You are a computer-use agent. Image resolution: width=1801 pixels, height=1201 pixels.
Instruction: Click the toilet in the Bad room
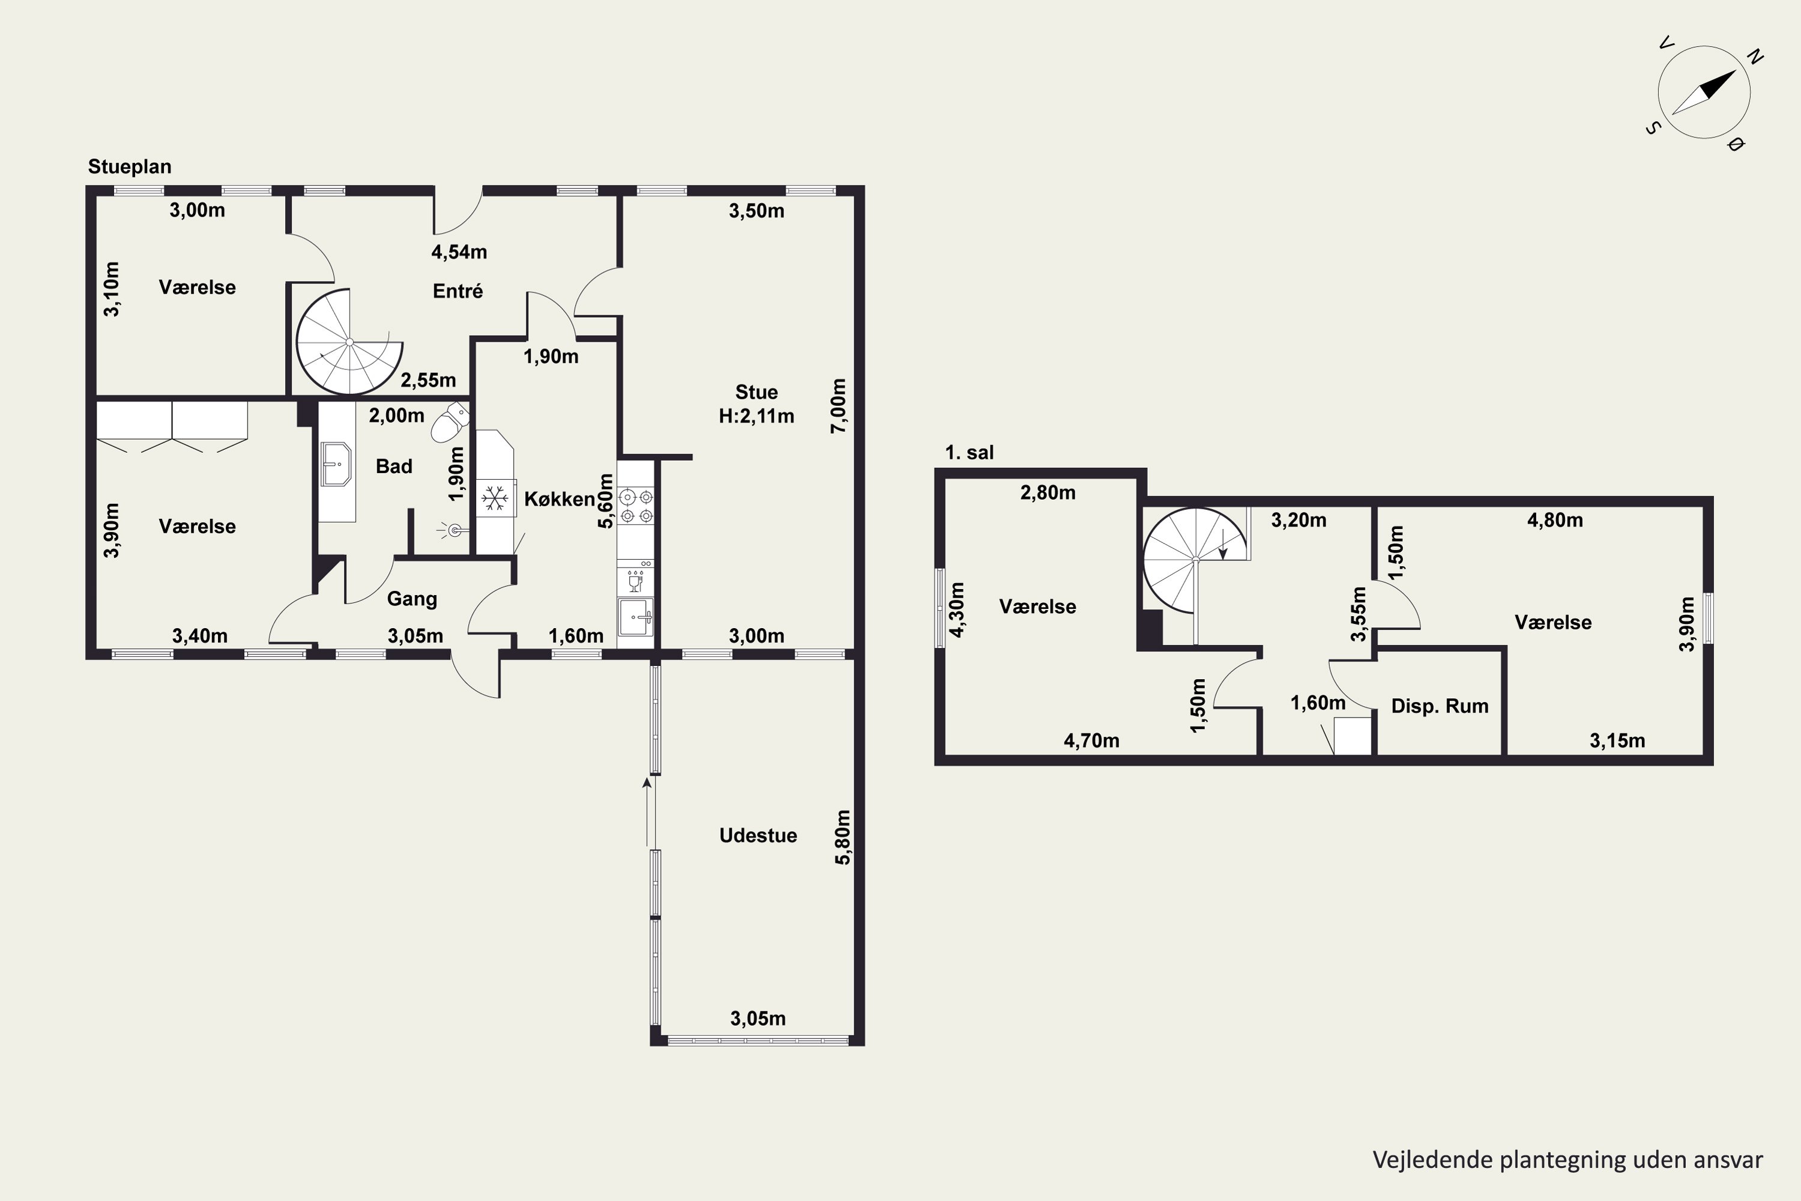pos(450,422)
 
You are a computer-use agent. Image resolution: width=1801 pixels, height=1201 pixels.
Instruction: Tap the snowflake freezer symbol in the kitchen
pos(495,498)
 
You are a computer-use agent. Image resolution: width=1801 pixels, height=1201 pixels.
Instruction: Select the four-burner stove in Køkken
pos(636,506)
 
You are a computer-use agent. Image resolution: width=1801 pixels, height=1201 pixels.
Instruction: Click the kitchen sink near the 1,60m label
pos(636,617)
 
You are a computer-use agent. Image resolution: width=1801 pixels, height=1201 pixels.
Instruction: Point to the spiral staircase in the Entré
pos(349,342)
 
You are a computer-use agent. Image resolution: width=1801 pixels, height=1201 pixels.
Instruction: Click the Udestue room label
pos(758,836)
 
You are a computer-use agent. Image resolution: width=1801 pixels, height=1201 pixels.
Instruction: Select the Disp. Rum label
pos(1440,706)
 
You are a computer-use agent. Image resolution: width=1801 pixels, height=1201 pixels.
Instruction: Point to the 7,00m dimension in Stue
pos(839,406)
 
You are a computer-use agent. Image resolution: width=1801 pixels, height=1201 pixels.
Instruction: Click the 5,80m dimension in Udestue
pos(842,837)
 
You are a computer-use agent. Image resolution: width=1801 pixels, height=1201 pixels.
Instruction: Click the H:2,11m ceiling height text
pos(756,416)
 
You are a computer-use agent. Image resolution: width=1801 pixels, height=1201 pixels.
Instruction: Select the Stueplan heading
pos(130,167)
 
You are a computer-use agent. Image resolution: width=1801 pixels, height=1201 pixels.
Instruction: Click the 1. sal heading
pos(970,453)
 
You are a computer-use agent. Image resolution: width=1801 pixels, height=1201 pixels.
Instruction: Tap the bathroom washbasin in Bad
pos(336,464)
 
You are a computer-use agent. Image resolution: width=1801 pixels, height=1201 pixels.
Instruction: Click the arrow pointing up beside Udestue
pos(647,812)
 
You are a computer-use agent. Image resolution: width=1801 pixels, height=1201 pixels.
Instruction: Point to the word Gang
pos(412,599)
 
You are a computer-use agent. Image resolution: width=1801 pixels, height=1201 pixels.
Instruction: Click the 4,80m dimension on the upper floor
pos(1555,521)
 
